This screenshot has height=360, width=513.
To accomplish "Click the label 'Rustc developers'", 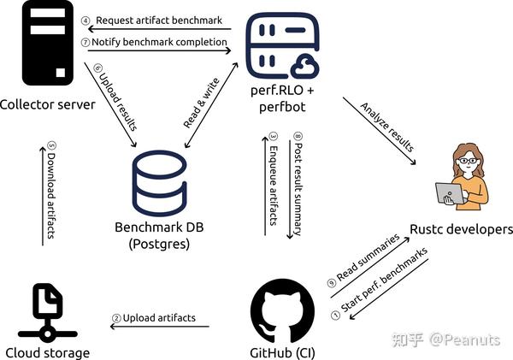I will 462,229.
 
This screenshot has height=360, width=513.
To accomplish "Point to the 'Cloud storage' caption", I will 46,351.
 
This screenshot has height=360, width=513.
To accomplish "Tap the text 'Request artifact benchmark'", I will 155,20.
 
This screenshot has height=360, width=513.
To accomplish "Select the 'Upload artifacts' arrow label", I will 159,318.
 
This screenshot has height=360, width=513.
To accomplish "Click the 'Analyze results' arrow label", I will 380,128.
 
